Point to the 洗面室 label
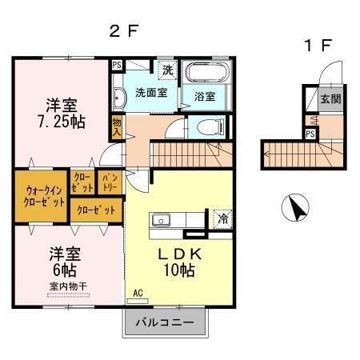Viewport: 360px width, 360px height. click(x=150, y=94)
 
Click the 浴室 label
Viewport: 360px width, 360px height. click(x=204, y=97)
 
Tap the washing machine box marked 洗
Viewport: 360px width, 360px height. click(x=167, y=70)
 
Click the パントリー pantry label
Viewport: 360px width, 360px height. click(x=109, y=182)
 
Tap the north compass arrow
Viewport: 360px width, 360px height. click(x=295, y=210)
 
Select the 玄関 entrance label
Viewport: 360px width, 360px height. click(x=330, y=100)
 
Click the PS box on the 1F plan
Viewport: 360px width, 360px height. click(x=310, y=134)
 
